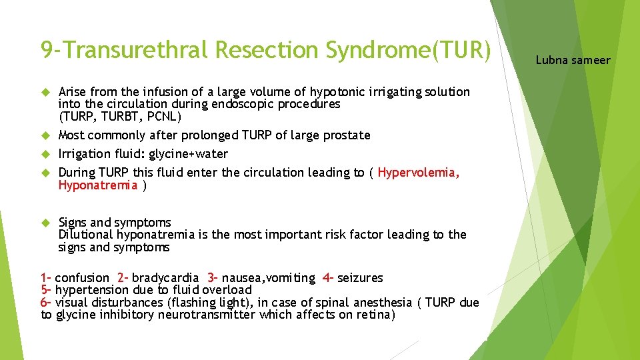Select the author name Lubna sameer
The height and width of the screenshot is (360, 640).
pyautogui.click(x=573, y=60)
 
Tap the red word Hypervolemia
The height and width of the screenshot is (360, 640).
pyautogui.click(x=418, y=173)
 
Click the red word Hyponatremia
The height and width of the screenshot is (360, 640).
pyautogui.click(x=97, y=185)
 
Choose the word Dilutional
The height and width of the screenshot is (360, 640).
pyautogui.click(x=85, y=235)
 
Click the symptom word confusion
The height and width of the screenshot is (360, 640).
pyautogui.click(x=82, y=278)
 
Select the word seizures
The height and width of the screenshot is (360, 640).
pyautogui.click(x=360, y=278)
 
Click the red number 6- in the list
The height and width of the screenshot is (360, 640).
pyautogui.click(x=46, y=303)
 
